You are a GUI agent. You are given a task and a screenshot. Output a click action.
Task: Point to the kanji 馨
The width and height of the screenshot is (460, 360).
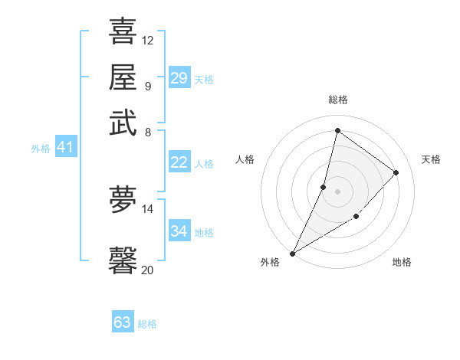123,260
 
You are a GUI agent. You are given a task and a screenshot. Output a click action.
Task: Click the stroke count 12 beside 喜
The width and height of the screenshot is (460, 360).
148,40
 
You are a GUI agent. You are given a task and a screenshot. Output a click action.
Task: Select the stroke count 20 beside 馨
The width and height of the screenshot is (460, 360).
148,270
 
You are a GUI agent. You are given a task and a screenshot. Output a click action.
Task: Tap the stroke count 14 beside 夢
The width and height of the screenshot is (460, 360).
148,208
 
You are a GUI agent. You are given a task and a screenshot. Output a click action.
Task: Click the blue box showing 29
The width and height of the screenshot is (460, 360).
179,78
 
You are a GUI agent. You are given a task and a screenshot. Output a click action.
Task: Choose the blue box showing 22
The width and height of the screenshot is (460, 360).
179,162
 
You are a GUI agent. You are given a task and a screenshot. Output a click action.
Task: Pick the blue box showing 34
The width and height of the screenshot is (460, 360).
179,231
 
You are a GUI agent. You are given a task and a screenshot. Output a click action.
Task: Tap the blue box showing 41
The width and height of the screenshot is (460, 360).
64,148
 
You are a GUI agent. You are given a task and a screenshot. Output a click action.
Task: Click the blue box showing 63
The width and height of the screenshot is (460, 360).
122,322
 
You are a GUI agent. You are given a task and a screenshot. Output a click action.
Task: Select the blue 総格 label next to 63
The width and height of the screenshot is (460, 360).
147,324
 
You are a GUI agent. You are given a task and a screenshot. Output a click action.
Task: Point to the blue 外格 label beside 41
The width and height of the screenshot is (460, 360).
41,149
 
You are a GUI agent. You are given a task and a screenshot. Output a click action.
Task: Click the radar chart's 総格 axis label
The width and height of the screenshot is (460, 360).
337,100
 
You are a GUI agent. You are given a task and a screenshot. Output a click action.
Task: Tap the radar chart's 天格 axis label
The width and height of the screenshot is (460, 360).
431,159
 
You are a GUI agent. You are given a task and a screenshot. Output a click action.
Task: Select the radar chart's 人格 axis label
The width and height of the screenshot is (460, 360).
245,159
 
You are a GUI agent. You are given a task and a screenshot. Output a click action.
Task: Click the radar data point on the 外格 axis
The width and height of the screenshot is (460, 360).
292,253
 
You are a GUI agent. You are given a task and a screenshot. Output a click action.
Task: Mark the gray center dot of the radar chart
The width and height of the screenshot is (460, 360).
337,191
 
